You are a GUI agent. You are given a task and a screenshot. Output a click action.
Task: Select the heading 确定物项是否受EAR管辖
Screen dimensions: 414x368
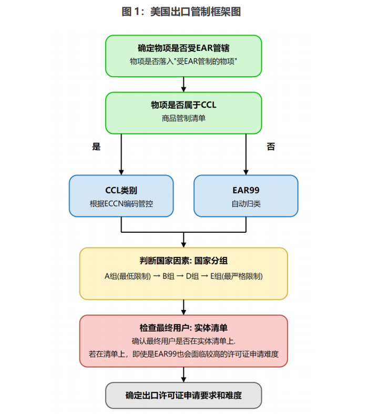[183, 48]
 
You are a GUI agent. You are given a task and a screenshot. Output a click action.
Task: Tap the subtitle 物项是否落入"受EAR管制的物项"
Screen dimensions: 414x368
[183, 61]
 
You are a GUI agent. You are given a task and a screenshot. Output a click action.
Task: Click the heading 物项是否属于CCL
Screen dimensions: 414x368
[183, 105]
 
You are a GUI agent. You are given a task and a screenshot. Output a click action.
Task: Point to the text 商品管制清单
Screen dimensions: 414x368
[183, 119]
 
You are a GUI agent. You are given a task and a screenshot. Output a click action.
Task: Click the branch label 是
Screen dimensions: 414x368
[96, 147]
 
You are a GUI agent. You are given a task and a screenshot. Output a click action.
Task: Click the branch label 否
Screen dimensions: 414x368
[271, 147]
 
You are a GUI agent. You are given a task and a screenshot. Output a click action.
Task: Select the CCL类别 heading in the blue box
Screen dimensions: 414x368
[121, 190]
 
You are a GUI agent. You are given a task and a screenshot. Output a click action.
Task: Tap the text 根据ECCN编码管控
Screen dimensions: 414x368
[121, 203]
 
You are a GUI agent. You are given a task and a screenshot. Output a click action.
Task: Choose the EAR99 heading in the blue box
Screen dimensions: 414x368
[246, 190]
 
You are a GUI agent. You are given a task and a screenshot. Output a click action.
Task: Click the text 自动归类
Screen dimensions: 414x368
[246, 203]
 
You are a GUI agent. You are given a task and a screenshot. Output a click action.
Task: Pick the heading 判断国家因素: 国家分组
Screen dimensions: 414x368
[183, 261]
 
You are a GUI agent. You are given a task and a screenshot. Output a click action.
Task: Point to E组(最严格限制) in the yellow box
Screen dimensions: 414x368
[237, 276]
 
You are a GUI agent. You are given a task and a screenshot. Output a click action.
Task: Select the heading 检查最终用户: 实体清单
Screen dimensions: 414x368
[183, 327]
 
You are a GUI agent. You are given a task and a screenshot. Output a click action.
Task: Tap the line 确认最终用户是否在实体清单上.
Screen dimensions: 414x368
[183, 341]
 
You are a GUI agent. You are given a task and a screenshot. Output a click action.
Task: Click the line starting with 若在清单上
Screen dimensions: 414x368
[183, 355]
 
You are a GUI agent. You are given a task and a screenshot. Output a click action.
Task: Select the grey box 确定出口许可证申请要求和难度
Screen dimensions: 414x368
[183, 395]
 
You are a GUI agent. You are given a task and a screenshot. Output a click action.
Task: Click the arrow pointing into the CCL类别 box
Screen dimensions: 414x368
[121, 168]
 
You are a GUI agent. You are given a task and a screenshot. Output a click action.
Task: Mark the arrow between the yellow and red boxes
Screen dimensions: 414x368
[183, 307]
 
